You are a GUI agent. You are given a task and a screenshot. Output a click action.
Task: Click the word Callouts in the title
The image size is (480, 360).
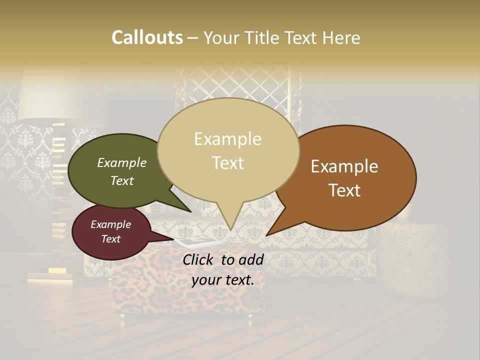[x=147, y=37]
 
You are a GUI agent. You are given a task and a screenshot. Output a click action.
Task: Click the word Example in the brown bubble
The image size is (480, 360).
[x=344, y=166]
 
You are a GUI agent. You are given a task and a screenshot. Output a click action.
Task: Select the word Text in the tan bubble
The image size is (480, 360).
[x=228, y=163]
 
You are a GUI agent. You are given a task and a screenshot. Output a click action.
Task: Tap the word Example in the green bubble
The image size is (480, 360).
[x=122, y=162]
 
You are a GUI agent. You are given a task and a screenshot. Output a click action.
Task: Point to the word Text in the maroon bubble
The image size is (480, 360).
[x=111, y=239]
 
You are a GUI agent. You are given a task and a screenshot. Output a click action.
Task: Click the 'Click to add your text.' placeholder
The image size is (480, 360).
[x=223, y=270]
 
